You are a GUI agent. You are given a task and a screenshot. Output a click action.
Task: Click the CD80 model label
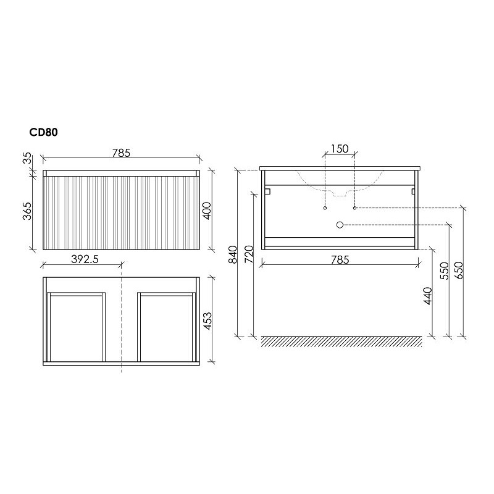tap(43, 132)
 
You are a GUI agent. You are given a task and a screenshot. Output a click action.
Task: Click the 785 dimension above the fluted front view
tap(121, 153)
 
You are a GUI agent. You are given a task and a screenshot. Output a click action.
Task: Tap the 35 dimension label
tap(28, 158)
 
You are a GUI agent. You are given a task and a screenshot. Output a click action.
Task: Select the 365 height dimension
tap(28, 211)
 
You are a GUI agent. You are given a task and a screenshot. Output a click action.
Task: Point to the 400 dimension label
tap(207, 211)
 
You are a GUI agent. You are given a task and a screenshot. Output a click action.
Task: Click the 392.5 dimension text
tap(85, 259)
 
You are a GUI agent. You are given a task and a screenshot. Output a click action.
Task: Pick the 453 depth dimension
tap(207, 321)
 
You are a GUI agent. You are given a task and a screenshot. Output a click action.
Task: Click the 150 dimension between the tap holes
tap(340, 148)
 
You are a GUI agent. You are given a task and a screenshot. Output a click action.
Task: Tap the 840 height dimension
tap(233, 254)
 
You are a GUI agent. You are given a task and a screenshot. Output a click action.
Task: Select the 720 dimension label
tap(249, 254)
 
